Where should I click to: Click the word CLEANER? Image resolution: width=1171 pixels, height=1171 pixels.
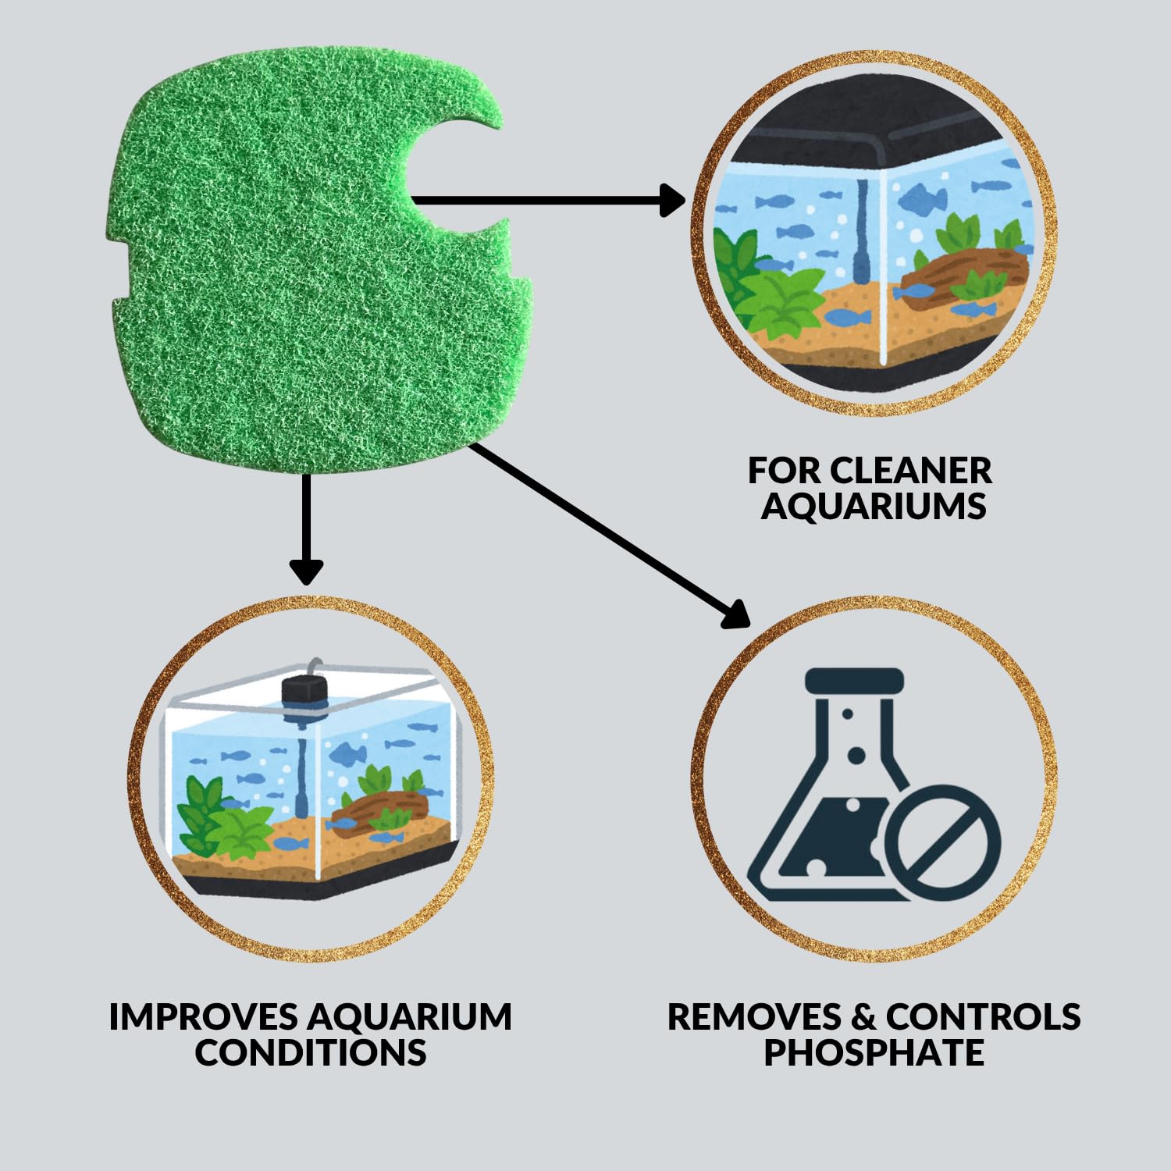(910, 471)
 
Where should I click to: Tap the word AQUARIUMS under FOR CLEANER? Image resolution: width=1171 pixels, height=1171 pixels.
(874, 506)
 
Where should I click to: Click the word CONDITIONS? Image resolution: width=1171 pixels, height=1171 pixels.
(311, 1052)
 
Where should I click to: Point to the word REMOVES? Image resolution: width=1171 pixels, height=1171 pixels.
(754, 1016)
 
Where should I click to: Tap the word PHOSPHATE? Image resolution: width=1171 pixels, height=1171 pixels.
(874, 1052)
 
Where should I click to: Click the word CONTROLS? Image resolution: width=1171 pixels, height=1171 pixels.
(983, 1016)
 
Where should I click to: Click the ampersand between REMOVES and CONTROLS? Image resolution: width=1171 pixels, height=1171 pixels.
(863, 1016)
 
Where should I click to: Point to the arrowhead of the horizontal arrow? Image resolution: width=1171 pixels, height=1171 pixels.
(671, 200)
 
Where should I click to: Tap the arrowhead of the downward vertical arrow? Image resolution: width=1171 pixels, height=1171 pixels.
(306, 571)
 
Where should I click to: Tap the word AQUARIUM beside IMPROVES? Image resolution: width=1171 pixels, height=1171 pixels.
(410, 1016)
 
